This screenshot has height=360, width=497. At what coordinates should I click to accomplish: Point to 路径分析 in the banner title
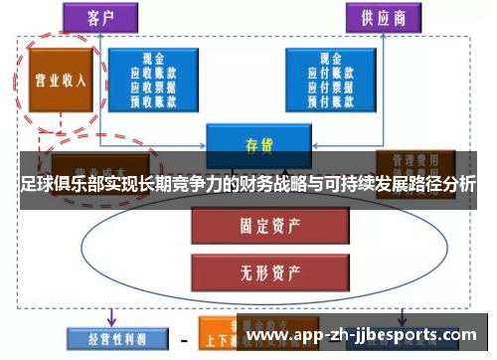(436, 184)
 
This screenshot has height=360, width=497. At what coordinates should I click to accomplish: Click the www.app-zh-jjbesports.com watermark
(367, 335)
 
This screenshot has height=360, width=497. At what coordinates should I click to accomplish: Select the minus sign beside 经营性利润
(183, 339)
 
